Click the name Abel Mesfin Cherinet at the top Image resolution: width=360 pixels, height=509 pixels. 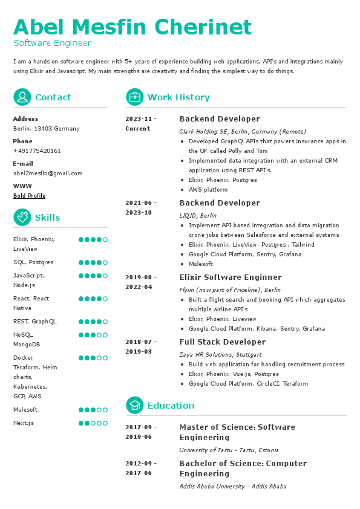tap(132, 27)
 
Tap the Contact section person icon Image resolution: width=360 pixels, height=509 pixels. tap(22, 97)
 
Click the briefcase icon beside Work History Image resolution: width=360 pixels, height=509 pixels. tap(134, 97)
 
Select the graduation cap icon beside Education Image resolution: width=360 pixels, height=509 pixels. tap(134, 406)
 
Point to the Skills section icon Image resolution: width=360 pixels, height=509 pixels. tap(22, 218)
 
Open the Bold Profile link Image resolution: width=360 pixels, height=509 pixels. tap(29, 196)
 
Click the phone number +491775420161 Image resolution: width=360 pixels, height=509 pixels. tap(37, 151)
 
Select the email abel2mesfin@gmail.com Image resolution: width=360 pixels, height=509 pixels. tap(48, 173)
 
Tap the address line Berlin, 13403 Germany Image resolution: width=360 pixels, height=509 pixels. tap(46, 129)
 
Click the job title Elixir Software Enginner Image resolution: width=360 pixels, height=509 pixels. tap(222, 277)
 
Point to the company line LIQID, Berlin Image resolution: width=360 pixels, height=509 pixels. tap(197, 216)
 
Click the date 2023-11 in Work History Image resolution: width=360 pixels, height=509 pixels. tap(140, 119)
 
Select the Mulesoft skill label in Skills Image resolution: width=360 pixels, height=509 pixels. tap(25, 410)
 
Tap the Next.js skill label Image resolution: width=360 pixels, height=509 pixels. tap(24, 423)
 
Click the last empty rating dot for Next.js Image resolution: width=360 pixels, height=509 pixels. tap(105, 423)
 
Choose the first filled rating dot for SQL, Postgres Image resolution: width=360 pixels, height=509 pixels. tap(81, 262)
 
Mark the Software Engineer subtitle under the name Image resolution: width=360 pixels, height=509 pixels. tap(52, 44)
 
